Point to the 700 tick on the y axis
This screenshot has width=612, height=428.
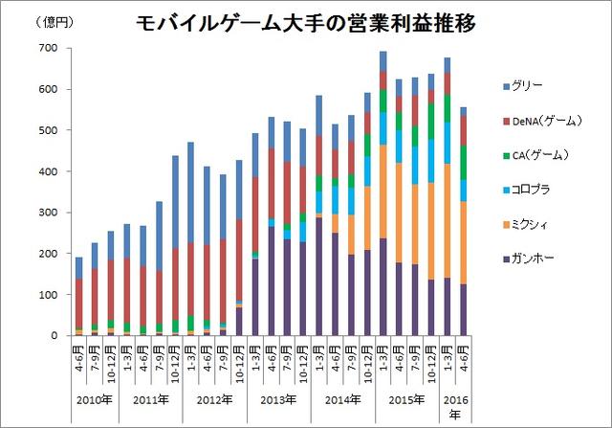point(48,48)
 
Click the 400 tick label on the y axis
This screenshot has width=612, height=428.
point(48,171)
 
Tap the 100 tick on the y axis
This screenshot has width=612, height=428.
point(48,295)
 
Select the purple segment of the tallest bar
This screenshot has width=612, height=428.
point(382,287)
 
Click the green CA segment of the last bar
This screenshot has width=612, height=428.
point(464,162)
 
